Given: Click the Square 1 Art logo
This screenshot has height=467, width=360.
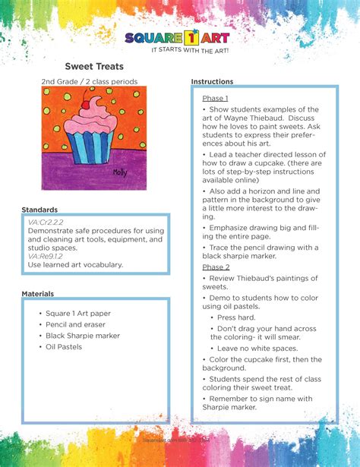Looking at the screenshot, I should pos(176,37).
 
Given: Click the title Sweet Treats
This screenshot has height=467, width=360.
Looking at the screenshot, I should pos(93,67).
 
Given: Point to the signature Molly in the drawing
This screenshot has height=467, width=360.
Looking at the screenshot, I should pos(119,172).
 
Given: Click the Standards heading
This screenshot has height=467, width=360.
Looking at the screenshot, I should pos(39,210).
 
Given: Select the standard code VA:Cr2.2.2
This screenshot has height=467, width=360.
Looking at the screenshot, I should pos(46,221).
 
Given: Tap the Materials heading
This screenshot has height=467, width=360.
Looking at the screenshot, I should pos(37,293).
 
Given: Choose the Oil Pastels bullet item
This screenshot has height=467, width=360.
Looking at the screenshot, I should pos(64,347).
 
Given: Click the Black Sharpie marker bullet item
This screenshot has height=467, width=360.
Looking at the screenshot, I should pos(83,336).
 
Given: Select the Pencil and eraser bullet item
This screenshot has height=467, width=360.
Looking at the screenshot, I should pos(76,324).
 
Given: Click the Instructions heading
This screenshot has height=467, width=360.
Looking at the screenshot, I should pos(212,81).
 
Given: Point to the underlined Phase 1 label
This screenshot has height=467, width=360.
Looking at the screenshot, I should pos(215,99).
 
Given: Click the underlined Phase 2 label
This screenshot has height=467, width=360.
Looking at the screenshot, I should pos(216,267).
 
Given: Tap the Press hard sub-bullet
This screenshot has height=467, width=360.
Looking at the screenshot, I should pos(237,317).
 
